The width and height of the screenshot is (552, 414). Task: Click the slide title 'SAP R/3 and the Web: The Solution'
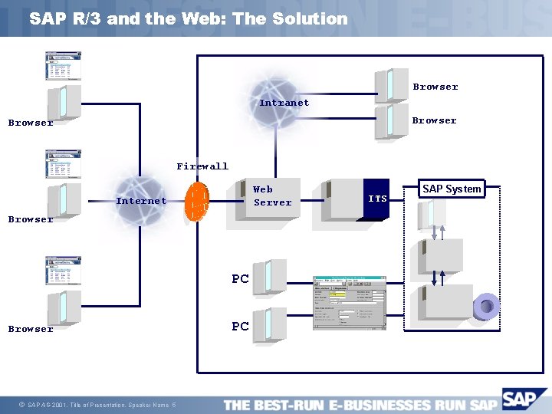click(189, 19)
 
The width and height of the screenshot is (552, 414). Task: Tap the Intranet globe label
click(284, 103)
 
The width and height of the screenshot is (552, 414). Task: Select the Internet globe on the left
click(140, 200)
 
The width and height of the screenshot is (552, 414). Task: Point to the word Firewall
click(202, 166)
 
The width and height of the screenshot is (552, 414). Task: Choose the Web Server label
click(272, 195)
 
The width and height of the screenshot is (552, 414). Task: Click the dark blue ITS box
click(377, 199)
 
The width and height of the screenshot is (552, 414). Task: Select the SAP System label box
click(452, 189)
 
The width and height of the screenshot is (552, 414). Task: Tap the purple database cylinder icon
click(486, 307)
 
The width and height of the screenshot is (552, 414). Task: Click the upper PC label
click(240, 279)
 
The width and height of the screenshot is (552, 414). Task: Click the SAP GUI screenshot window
click(349, 303)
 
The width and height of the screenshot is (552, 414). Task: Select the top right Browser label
click(435, 87)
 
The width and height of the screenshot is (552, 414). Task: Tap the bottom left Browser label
click(31, 329)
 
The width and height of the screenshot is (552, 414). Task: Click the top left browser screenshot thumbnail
click(63, 66)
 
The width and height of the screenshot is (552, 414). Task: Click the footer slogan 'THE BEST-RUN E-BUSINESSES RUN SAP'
click(360, 405)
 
